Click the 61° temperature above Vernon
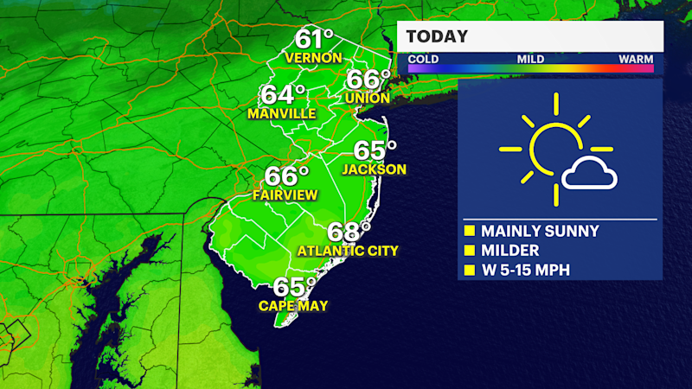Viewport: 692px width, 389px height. [314, 39]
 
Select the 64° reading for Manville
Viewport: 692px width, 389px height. [285, 95]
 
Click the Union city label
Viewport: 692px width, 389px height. [367, 99]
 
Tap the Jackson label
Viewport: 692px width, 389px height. [374, 169]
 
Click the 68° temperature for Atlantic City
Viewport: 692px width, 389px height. [349, 232]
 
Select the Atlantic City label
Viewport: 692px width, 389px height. [347, 252]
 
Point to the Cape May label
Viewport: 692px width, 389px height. [292, 305]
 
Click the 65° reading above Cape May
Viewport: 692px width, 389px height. [294, 286]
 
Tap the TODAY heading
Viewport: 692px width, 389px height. [437, 36]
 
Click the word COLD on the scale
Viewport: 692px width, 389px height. [423, 60]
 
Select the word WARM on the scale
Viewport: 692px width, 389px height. [636, 60]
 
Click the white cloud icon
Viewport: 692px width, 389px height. [589, 175]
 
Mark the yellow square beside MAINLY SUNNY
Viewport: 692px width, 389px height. [470, 232]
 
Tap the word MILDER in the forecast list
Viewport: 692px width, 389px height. [509, 251]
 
